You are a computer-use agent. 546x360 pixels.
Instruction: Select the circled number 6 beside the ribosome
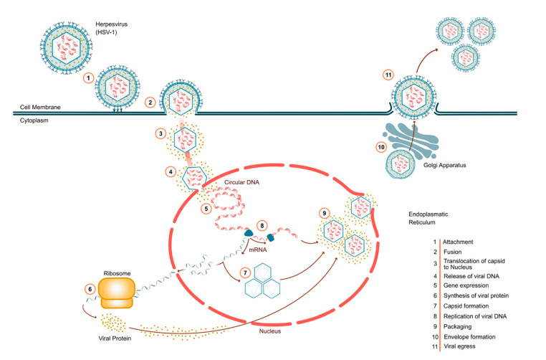[90, 288]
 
